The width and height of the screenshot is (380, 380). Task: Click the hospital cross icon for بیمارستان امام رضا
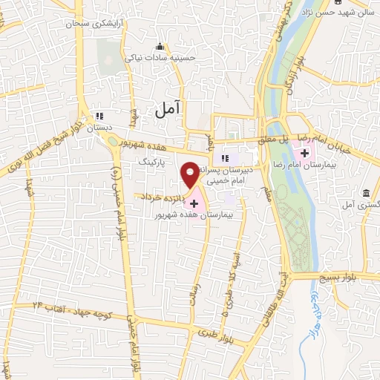(x=305, y=132)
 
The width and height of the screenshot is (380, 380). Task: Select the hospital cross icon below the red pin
(x=194, y=203)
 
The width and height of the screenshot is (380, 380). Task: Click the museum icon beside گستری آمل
(x=366, y=194)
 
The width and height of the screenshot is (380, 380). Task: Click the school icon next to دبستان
(x=99, y=116)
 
